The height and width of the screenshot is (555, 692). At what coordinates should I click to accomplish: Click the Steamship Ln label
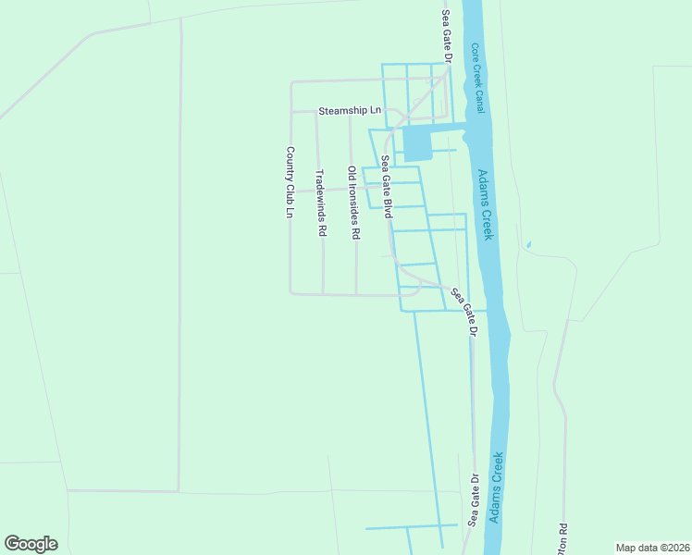pyautogui.click(x=349, y=111)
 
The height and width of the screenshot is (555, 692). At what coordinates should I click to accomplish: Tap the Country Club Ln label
pyautogui.click(x=290, y=182)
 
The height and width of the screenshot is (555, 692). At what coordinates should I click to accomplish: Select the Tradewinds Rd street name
pyautogui.click(x=321, y=203)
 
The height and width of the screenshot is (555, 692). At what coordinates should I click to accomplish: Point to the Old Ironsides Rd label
pyautogui.click(x=352, y=203)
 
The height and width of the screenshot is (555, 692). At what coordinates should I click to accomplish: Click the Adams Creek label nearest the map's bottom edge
pyautogui.click(x=498, y=487)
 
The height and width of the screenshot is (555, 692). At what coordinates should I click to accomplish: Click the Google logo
pyautogui.click(x=31, y=544)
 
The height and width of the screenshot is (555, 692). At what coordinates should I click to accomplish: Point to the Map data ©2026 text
pyautogui.click(x=652, y=548)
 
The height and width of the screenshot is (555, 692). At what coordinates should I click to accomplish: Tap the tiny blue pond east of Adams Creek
pyautogui.click(x=527, y=245)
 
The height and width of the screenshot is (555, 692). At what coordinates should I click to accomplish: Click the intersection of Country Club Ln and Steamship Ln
pyautogui.click(x=291, y=112)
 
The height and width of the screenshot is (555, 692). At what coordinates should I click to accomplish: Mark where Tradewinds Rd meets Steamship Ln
pyautogui.click(x=316, y=112)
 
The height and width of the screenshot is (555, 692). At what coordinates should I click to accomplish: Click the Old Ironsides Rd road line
pyautogui.click(x=356, y=268)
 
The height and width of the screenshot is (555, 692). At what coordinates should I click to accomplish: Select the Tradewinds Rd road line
pyautogui.click(x=323, y=268)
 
